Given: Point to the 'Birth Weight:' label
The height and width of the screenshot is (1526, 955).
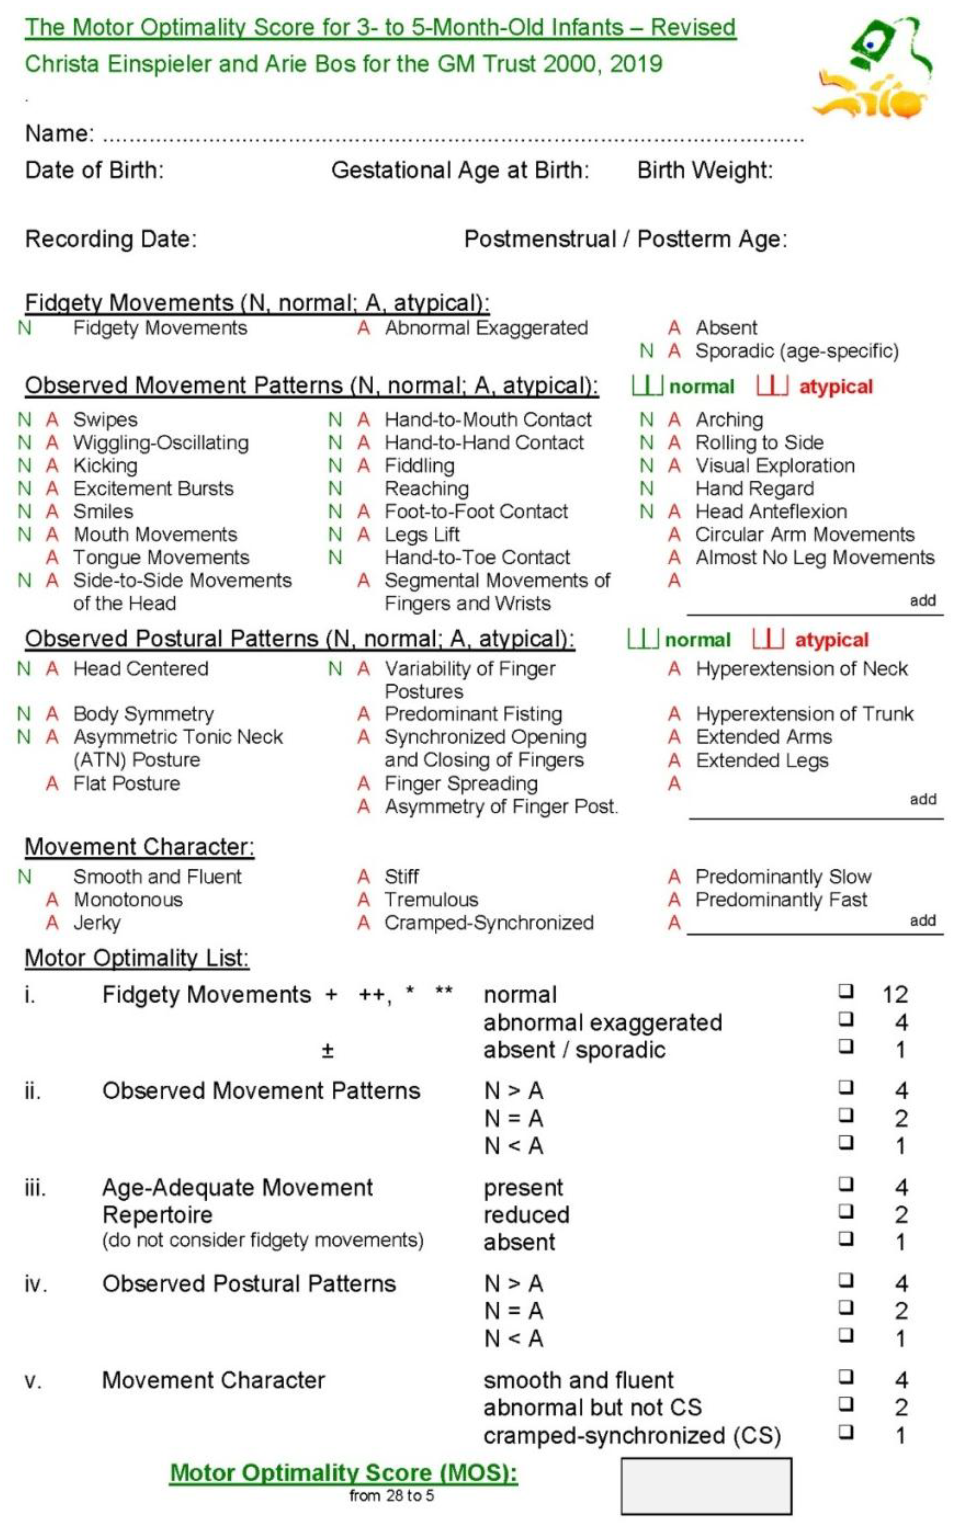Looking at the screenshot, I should coord(704,170).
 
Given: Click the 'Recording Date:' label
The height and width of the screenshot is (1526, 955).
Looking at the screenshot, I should coord(111,239).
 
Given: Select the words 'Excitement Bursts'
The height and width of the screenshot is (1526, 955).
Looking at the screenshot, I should coord(153,488).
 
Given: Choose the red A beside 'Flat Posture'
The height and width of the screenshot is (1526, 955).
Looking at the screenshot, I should coord(52,784).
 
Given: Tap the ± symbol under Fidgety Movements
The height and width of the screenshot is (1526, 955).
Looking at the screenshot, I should coord(327,1051).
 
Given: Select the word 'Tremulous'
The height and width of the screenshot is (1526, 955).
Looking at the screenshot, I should coord(431,899).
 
